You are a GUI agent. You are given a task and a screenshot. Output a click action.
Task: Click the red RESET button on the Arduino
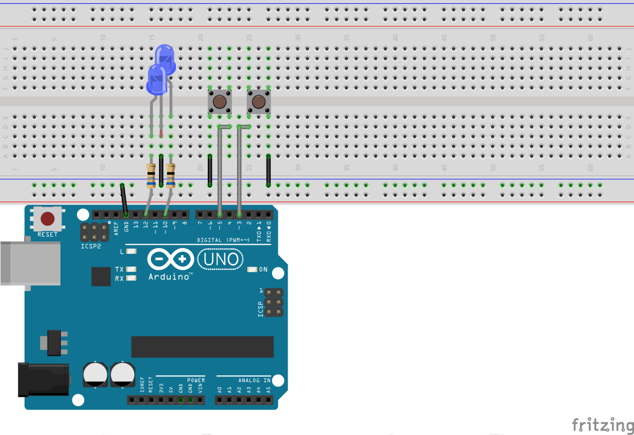point(47,219)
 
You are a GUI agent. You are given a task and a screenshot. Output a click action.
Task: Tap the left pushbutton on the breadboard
point(220,102)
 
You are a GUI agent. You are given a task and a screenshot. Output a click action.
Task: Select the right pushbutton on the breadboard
point(259,102)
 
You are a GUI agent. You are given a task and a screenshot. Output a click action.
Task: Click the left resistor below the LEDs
point(151,175)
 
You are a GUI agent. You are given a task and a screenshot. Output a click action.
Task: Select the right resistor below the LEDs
point(171,175)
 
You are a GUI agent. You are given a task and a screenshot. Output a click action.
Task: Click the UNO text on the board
point(220,259)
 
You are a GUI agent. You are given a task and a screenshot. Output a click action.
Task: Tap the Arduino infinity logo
point(171,259)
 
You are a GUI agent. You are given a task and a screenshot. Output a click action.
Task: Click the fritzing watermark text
point(602,425)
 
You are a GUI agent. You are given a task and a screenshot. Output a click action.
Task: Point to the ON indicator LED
point(252,269)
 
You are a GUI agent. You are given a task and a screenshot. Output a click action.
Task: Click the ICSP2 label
point(90,246)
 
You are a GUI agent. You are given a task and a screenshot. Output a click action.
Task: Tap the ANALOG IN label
point(254,380)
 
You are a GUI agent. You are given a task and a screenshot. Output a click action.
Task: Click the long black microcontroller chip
point(202,347)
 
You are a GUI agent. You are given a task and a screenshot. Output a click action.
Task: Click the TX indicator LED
point(131,269)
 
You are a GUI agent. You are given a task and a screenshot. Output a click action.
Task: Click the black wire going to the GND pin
point(124,200)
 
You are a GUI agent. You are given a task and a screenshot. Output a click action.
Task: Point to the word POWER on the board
point(196,380)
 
